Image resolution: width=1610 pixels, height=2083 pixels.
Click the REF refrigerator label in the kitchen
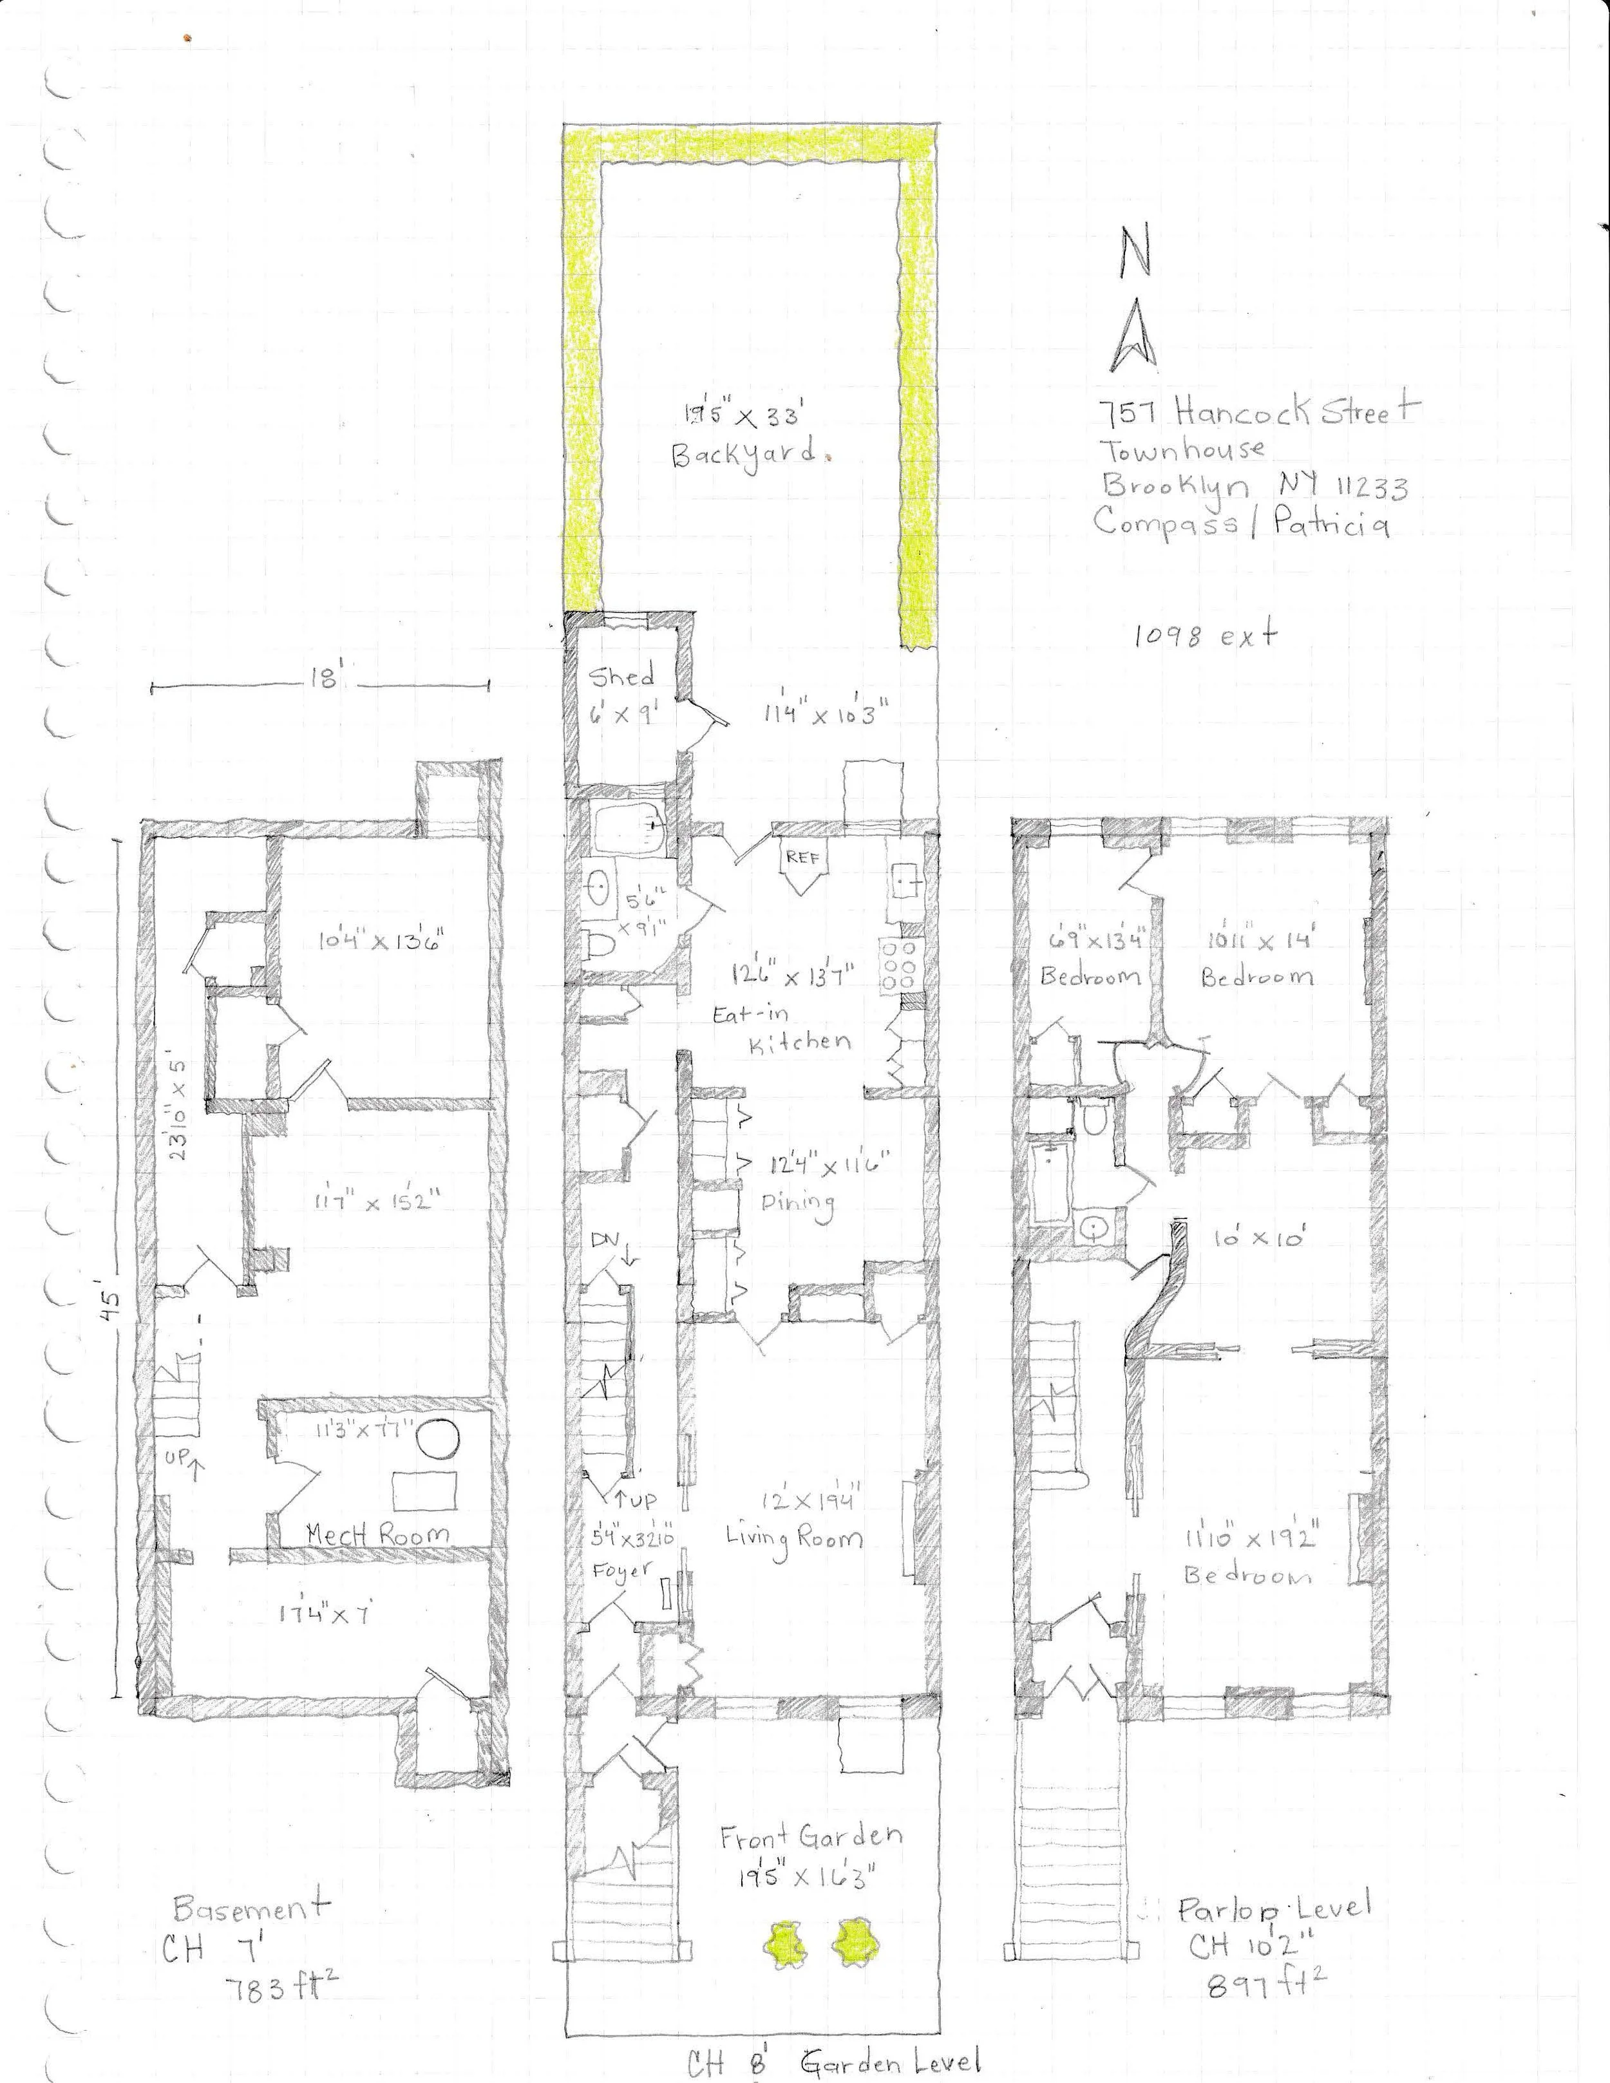click(803, 858)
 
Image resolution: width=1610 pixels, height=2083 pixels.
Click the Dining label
click(797, 1201)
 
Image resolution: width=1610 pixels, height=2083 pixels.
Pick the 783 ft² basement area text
click(281, 1956)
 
